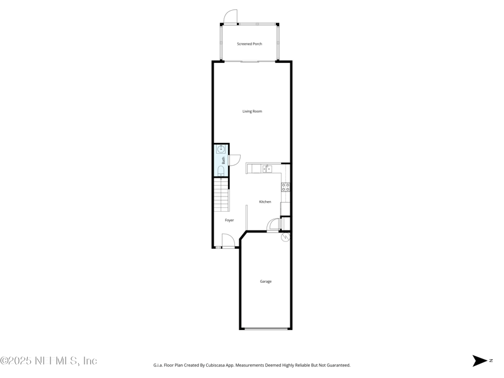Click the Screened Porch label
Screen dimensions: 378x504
click(x=249, y=44)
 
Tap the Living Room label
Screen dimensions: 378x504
click(x=252, y=112)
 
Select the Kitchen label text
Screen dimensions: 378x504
click(x=265, y=202)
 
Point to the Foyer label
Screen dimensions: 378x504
click(x=229, y=220)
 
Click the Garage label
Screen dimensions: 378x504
click(x=266, y=282)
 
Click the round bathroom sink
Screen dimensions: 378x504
click(x=221, y=150)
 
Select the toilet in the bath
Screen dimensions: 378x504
click(x=220, y=171)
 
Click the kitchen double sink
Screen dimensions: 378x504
click(x=266, y=169)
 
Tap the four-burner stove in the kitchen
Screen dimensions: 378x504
click(x=285, y=186)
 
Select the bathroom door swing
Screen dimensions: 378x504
click(x=234, y=160)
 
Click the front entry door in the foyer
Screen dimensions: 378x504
click(x=228, y=240)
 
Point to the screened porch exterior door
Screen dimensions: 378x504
click(x=231, y=17)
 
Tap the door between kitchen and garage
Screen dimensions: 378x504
click(x=273, y=225)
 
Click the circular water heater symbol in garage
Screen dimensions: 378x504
click(x=285, y=238)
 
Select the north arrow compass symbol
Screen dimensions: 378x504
click(x=481, y=361)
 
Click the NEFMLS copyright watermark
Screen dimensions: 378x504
click(x=49, y=361)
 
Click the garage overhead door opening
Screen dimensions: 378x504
click(x=266, y=329)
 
